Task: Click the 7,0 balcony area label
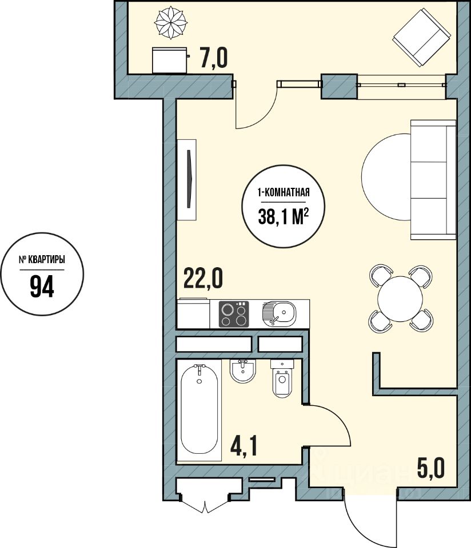tap(214, 58)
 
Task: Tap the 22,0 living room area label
tap(203, 278)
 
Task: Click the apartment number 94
tap(42, 286)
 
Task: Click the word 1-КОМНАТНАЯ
tap(284, 192)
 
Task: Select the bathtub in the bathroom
tap(199, 410)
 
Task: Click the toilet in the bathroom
tap(282, 379)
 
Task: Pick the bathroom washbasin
tap(243, 371)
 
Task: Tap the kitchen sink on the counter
tap(279, 313)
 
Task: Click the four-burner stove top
tap(234, 314)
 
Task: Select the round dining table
tap(400, 299)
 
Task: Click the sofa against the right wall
tap(433, 180)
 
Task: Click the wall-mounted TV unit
tap(186, 180)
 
